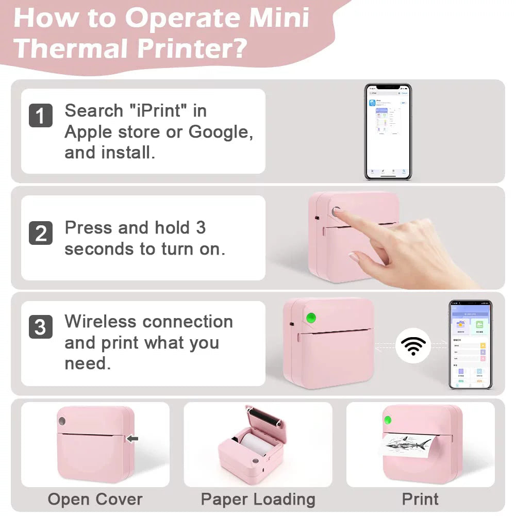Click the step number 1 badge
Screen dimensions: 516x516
point(40,115)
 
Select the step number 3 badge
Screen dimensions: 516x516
point(40,327)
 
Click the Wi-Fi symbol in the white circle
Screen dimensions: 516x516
point(413,346)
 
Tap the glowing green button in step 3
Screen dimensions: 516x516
point(311,319)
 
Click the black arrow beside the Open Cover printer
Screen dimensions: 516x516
point(132,439)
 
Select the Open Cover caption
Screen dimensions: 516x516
point(95,499)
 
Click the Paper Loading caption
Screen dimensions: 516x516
point(258,499)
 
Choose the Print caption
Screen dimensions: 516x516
point(420,499)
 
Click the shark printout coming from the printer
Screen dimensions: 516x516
point(407,443)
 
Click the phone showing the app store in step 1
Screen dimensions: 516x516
point(388,131)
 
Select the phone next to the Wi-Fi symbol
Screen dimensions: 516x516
point(470,344)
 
